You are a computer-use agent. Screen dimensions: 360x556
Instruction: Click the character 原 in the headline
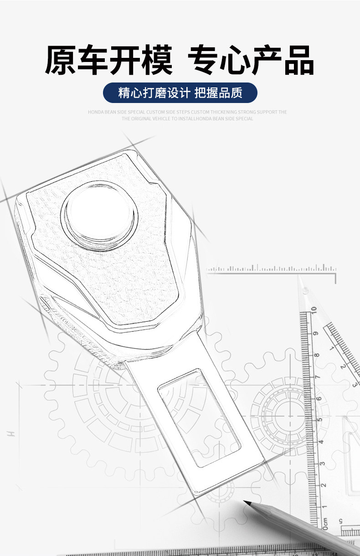[x=60, y=60]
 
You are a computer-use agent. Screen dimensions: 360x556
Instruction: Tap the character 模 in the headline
[x=157, y=60]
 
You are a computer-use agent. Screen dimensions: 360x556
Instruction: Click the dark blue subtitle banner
[x=180, y=93]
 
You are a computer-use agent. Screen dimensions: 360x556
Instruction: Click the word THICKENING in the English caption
[x=223, y=112]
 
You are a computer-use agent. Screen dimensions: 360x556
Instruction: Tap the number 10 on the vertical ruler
[x=314, y=309]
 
